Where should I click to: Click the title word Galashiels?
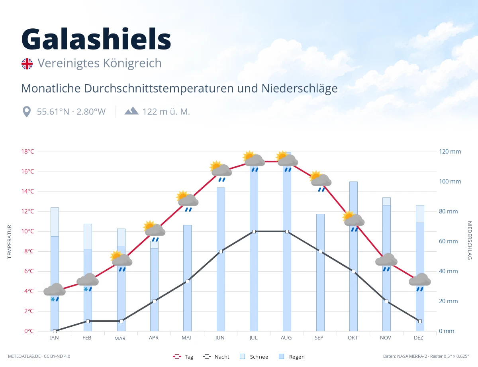coord(96,39)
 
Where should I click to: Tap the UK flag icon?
coord(27,64)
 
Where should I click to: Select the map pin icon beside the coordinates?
coord(27,112)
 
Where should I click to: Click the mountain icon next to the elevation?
coord(131,111)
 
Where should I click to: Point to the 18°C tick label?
coord(27,152)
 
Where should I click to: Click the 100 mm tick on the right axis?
coord(450,182)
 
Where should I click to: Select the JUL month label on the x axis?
coord(253,338)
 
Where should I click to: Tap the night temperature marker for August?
coord(287,231)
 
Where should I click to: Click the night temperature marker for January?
coord(55,331)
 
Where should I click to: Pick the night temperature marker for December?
coord(420,322)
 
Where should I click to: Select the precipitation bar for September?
coord(320,272)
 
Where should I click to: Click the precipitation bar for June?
coord(221,259)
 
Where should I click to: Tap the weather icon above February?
coord(88,282)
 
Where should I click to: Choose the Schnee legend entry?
coord(254,357)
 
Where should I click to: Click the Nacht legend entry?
coord(216,357)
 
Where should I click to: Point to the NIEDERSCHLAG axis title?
coord(470,240)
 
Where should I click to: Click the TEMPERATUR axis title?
coord(9,242)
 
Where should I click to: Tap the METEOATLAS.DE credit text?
coord(24,356)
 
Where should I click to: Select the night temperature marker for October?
coord(353,271)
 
